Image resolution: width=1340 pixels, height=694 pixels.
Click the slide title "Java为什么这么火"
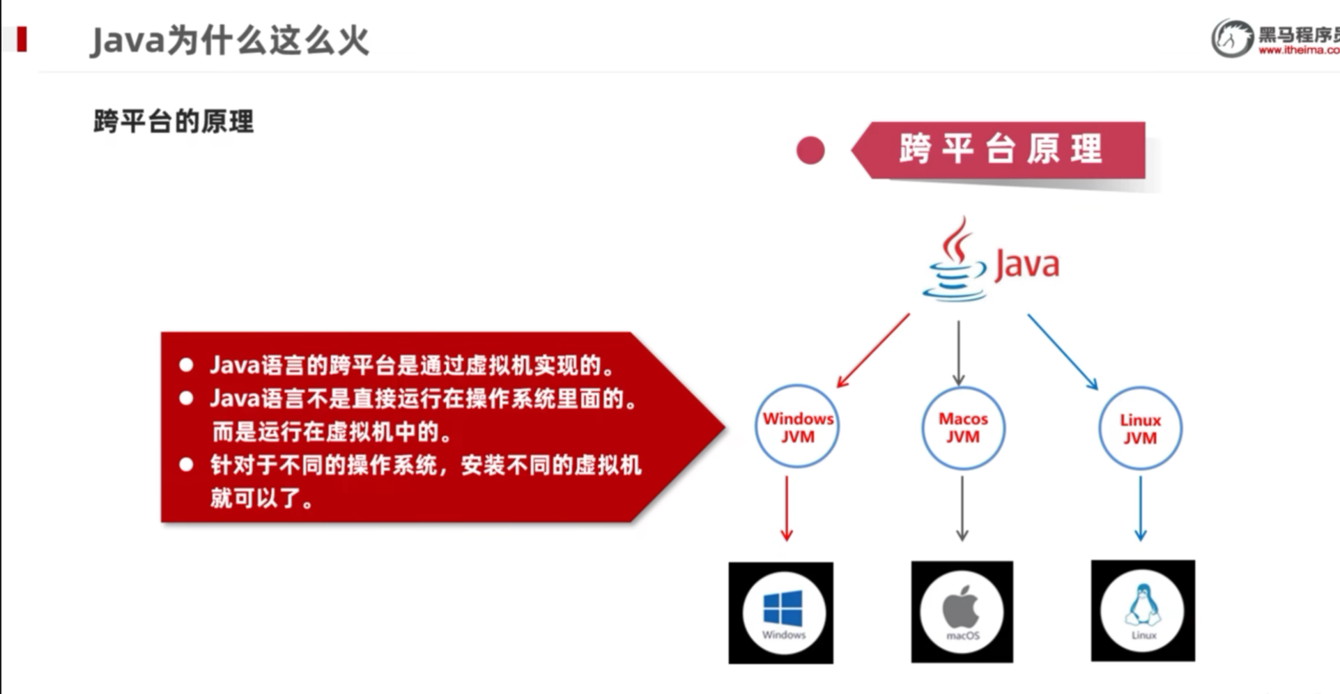click(229, 40)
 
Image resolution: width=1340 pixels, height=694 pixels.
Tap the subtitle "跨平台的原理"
click(174, 121)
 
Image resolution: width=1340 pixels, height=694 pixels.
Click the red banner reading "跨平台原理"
click(1001, 149)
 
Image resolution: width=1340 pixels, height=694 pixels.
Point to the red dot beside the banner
click(810, 151)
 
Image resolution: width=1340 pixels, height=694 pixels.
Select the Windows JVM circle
click(797, 426)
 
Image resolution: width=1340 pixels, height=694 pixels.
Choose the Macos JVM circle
click(963, 427)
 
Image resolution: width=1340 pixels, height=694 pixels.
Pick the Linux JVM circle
click(1140, 429)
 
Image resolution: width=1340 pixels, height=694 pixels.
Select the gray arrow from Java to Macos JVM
click(959, 352)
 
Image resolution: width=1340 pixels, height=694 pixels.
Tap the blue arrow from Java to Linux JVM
click(1063, 351)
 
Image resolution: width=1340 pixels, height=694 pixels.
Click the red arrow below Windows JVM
click(787, 509)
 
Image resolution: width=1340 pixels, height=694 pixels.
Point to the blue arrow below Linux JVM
click(1140, 509)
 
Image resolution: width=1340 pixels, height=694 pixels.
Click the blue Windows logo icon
click(783, 608)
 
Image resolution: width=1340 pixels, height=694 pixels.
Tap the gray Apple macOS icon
click(962, 607)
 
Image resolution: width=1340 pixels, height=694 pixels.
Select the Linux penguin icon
click(1142, 605)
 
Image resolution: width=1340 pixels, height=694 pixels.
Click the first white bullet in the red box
click(186, 364)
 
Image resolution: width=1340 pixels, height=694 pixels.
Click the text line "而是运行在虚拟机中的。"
click(332, 432)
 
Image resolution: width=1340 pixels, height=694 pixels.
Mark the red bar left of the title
click(22, 39)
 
